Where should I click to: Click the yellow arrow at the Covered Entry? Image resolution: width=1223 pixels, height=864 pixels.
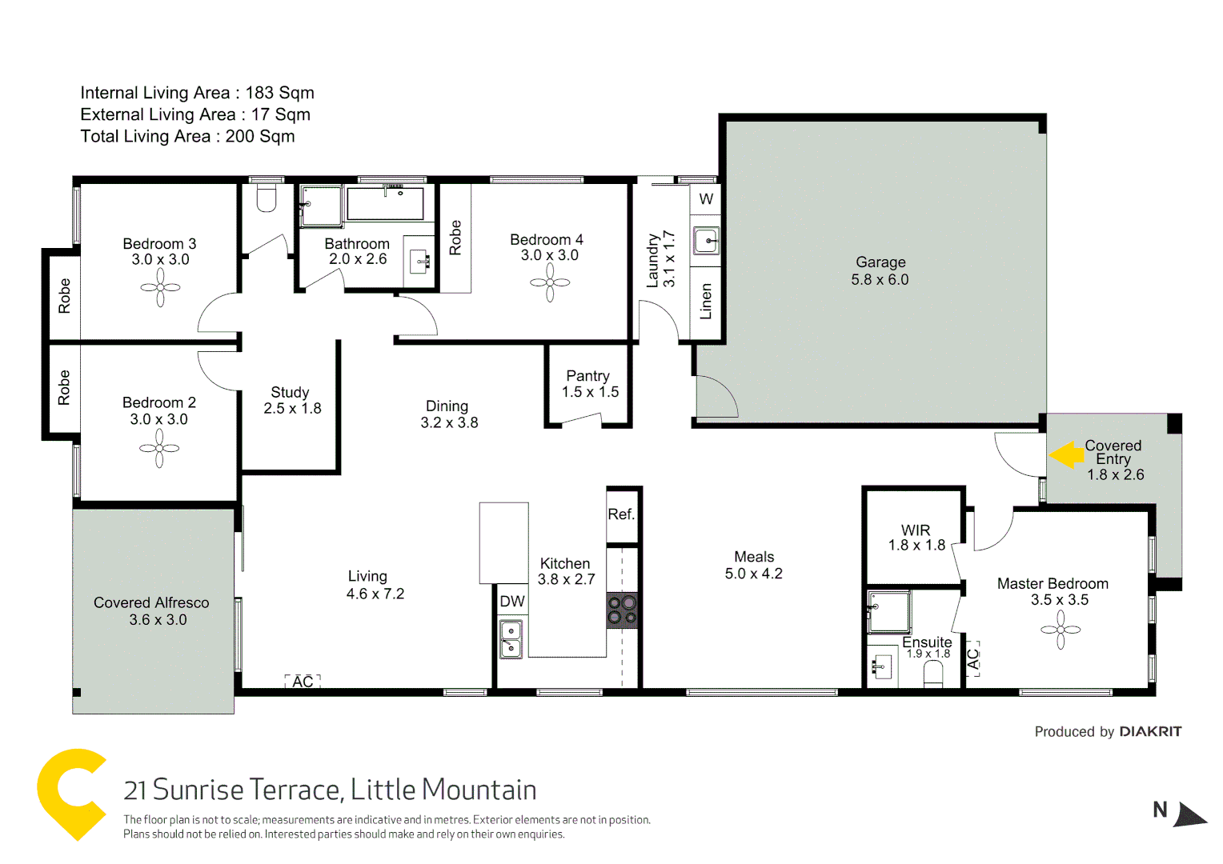[x=1066, y=455]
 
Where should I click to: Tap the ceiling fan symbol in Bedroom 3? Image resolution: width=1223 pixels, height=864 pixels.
[x=161, y=287]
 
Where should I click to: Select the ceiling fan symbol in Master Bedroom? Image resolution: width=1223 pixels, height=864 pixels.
[x=1061, y=630]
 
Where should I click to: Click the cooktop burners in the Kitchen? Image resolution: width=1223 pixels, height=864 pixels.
[x=622, y=610]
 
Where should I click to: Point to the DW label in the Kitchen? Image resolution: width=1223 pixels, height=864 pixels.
[x=512, y=602]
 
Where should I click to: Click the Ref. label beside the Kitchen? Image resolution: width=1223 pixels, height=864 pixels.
[x=621, y=514]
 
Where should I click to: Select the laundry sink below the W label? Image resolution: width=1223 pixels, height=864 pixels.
[x=706, y=240]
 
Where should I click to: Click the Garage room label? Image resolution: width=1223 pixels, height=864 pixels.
[x=880, y=262]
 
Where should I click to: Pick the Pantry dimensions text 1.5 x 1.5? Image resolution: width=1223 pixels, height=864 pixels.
[x=590, y=392]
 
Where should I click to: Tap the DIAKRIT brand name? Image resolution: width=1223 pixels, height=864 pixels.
[x=1150, y=731]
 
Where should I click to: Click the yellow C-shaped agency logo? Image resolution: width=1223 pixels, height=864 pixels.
[x=71, y=793]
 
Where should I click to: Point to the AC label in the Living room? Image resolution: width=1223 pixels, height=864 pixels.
[x=303, y=682]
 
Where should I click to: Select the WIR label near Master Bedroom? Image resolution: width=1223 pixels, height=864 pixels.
[x=916, y=530]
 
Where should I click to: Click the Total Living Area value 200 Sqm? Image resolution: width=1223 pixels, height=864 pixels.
[x=259, y=136]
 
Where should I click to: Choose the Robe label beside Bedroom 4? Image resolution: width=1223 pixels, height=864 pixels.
[x=455, y=238]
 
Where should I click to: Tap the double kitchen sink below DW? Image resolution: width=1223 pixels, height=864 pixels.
[x=511, y=639]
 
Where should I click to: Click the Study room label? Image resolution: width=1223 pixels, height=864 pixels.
[x=290, y=392]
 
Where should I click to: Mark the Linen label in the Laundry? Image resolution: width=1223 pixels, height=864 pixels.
[x=705, y=302]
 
